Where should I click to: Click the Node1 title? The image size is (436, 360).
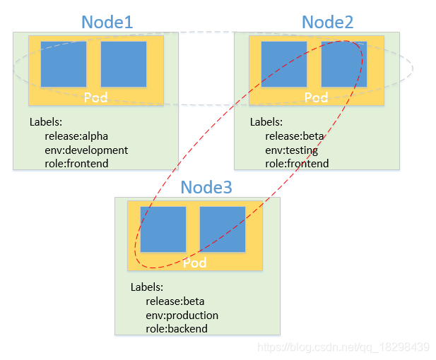click(x=107, y=22)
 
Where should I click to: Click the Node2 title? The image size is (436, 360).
click(x=328, y=22)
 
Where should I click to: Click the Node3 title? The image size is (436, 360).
click(x=206, y=187)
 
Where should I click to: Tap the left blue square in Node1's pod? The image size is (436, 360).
click(x=64, y=64)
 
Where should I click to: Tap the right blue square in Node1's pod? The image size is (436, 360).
click(x=124, y=64)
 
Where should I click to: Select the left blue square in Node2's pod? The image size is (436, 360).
click(x=284, y=64)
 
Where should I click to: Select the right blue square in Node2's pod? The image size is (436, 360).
click(x=344, y=64)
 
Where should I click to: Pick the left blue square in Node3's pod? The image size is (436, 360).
click(x=163, y=229)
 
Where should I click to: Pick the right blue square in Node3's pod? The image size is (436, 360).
click(x=223, y=229)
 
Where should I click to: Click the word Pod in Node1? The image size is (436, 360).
click(x=95, y=97)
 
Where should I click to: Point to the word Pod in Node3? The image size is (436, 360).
click(x=194, y=263)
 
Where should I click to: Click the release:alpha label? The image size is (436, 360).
click(x=76, y=136)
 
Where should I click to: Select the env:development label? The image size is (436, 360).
click(x=86, y=150)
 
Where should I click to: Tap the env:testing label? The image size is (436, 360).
click(x=291, y=150)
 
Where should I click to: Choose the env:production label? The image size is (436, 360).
click(x=182, y=316)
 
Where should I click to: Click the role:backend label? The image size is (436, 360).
click(x=177, y=329)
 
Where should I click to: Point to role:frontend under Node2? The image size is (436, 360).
click(x=297, y=164)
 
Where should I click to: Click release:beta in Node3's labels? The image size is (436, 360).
click(x=175, y=301)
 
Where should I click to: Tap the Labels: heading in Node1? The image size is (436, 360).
click(x=46, y=122)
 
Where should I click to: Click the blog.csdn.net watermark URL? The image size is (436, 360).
click(x=343, y=347)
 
